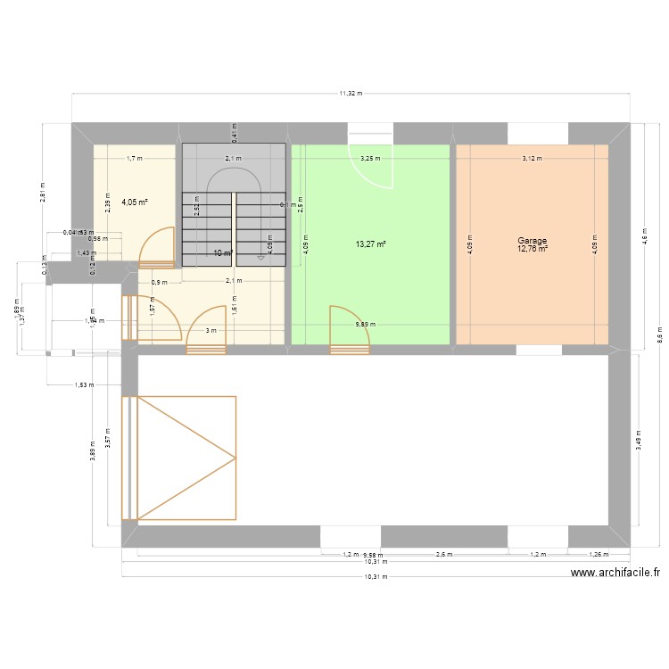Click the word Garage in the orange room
532,241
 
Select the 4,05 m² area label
135,202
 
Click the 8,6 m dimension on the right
659,338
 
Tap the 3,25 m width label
369,159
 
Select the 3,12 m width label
532,159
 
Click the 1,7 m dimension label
135,159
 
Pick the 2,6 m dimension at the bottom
443,554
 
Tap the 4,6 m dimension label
644,237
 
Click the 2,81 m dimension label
43,192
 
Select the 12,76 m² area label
532,249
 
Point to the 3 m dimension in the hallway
211,331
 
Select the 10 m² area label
223,253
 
